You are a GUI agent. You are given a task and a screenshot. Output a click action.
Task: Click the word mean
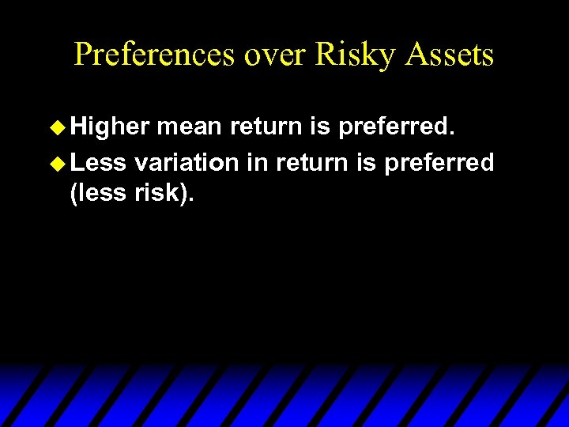coord(190,127)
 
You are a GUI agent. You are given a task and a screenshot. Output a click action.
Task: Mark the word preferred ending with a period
coord(394,127)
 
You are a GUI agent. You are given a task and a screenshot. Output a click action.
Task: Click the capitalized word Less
coord(98,163)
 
